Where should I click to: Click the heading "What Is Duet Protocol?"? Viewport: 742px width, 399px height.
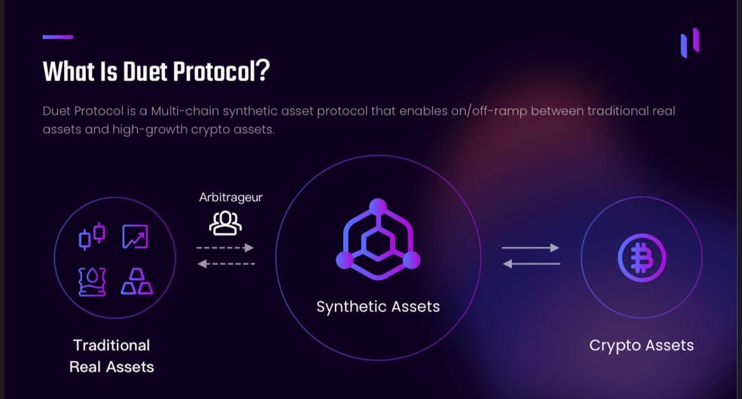point(156,72)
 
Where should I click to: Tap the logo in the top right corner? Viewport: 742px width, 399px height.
point(689,43)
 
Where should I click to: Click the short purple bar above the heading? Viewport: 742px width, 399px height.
point(58,37)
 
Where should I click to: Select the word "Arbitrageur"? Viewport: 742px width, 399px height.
point(230,197)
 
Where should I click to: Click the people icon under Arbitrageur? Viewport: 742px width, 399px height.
point(226,222)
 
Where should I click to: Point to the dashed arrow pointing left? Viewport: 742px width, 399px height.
point(226,264)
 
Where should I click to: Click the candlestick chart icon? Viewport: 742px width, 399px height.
point(92,236)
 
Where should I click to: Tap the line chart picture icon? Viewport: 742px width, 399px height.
point(135,237)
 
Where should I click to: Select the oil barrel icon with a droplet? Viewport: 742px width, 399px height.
point(92,282)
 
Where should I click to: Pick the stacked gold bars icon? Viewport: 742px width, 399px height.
point(136,282)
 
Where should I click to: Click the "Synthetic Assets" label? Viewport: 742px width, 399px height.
point(378,307)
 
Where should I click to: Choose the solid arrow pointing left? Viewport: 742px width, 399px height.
point(531,263)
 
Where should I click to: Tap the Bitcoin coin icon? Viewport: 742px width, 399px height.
point(642,257)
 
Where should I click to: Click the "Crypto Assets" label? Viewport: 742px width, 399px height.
point(641,346)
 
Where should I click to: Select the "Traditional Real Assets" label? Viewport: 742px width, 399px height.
point(112,356)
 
